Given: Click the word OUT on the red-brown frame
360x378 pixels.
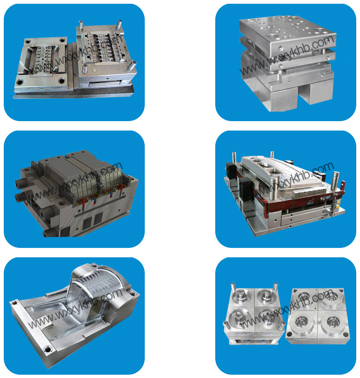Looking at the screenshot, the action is pyautogui.click(x=328, y=197).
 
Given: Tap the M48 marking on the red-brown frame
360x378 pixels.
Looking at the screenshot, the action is pyautogui.click(x=310, y=203).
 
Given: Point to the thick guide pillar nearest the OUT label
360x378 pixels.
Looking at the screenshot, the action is pyautogui.click(x=335, y=180).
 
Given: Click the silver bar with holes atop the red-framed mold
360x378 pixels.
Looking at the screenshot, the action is pyautogui.click(x=309, y=193).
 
